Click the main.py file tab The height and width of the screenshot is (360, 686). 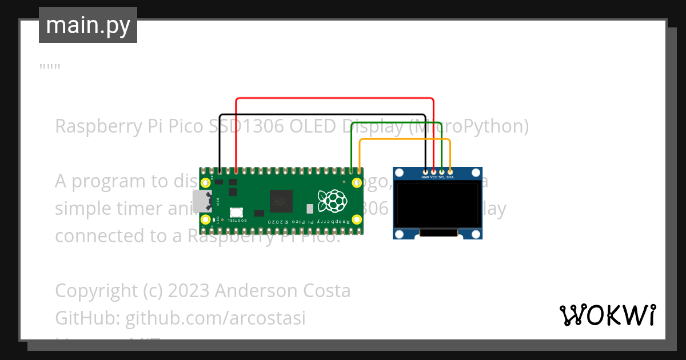coord(87,25)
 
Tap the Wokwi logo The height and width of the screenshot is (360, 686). coord(607,315)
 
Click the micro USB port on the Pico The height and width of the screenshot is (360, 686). coord(201,201)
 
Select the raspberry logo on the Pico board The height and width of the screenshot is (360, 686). coord(333,201)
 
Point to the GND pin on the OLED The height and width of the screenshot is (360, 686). coord(425,171)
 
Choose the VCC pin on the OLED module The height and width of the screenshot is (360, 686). coord(433,171)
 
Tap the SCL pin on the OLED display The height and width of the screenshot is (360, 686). coord(442,171)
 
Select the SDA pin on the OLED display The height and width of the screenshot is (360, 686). coord(450,171)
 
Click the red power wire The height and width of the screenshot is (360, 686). coord(334,98)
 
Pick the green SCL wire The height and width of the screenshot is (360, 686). coord(394,122)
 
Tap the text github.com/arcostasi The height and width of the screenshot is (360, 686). coord(215,318)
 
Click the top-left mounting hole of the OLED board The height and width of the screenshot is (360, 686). coord(400,173)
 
